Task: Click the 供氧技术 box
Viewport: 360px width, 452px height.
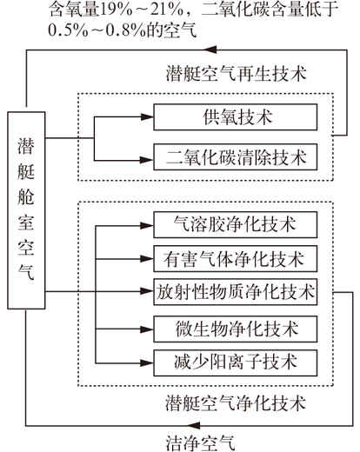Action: click(x=235, y=117)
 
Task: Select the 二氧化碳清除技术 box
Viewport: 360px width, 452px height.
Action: click(x=235, y=156)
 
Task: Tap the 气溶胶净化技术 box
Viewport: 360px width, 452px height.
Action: click(x=235, y=225)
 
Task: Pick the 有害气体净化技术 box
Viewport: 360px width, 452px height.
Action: click(x=235, y=258)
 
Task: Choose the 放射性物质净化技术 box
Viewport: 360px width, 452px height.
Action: click(x=235, y=292)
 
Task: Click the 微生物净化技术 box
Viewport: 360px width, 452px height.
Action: click(x=235, y=329)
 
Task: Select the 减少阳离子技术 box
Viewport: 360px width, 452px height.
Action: click(x=235, y=362)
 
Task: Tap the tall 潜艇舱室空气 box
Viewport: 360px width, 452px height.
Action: click(x=26, y=210)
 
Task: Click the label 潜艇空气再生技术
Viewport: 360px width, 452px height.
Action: click(x=236, y=74)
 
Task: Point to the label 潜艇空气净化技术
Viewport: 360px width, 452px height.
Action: click(x=236, y=403)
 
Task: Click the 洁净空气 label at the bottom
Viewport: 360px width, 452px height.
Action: click(x=200, y=442)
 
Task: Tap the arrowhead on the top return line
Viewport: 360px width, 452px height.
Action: click(x=210, y=50)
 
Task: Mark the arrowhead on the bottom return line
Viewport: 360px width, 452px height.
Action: click(x=193, y=425)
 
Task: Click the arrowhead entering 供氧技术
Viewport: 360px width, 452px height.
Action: click(x=147, y=116)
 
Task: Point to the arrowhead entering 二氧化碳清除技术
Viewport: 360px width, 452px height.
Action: click(x=147, y=160)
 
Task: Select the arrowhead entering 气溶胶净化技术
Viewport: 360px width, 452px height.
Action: click(x=147, y=225)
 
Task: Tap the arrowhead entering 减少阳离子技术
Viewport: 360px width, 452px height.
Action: click(x=147, y=362)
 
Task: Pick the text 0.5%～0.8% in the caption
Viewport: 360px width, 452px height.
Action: click(x=97, y=30)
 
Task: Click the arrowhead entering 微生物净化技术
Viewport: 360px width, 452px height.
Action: click(x=147, y=329)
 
